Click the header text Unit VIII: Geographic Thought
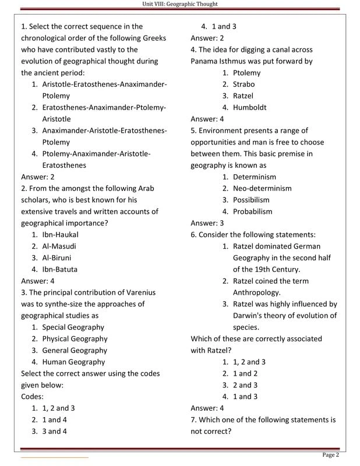tap(180, 4)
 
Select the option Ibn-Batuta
tap(59, 270)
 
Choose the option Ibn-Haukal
tap(60, 235)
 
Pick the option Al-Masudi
tap(59, 246)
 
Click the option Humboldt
tap(249, 108)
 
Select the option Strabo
tap(243, 84)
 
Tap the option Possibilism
tap(251, 200)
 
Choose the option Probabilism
tap(252, 212)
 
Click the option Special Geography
tap(73, 327)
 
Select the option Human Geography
tap(73, 362)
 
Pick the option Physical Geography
tap(75, 339)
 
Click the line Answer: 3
tap(207, 223)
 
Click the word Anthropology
tap(256, 292)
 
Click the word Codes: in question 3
tap(33, 397)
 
